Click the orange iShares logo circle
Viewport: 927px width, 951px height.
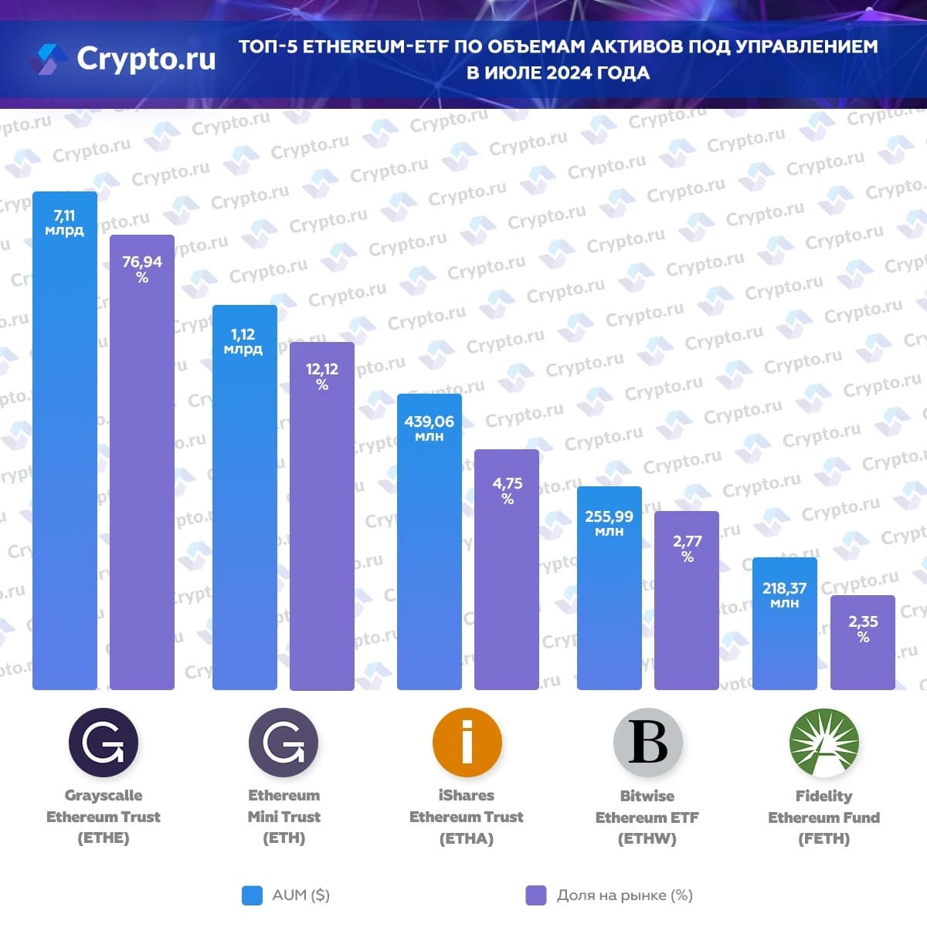tap(467, 743)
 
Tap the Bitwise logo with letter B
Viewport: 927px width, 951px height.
tap(647, 743)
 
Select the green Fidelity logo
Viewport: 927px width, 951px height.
tap(824, 743)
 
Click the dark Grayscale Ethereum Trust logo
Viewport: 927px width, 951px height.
tap(104, 743)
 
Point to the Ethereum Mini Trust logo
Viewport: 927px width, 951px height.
tap(284, 743)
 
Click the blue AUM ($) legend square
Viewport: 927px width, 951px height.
tap(252, 895)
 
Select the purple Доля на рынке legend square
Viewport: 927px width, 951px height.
tap(535, 895)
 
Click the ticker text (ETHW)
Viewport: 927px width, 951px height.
tap(647, 839)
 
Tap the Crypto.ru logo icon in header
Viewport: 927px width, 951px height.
tap(49, 59)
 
